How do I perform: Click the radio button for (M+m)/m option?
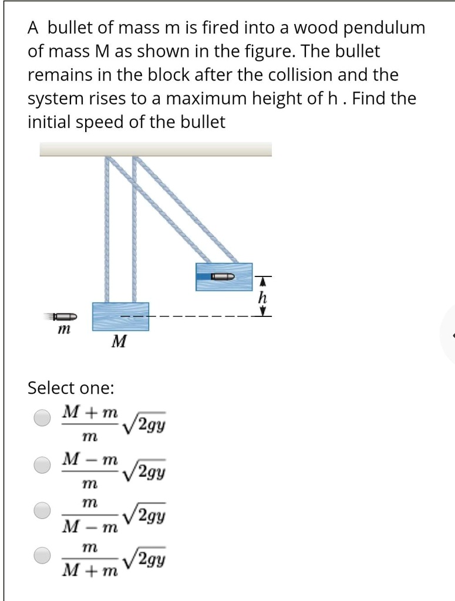42,418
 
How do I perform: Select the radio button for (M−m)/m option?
42,465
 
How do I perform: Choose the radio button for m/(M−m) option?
42,510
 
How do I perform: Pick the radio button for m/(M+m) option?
42,555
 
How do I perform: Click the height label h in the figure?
263,298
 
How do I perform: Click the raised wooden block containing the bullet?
224,276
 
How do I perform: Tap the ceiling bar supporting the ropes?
156,148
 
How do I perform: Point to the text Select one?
71,388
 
